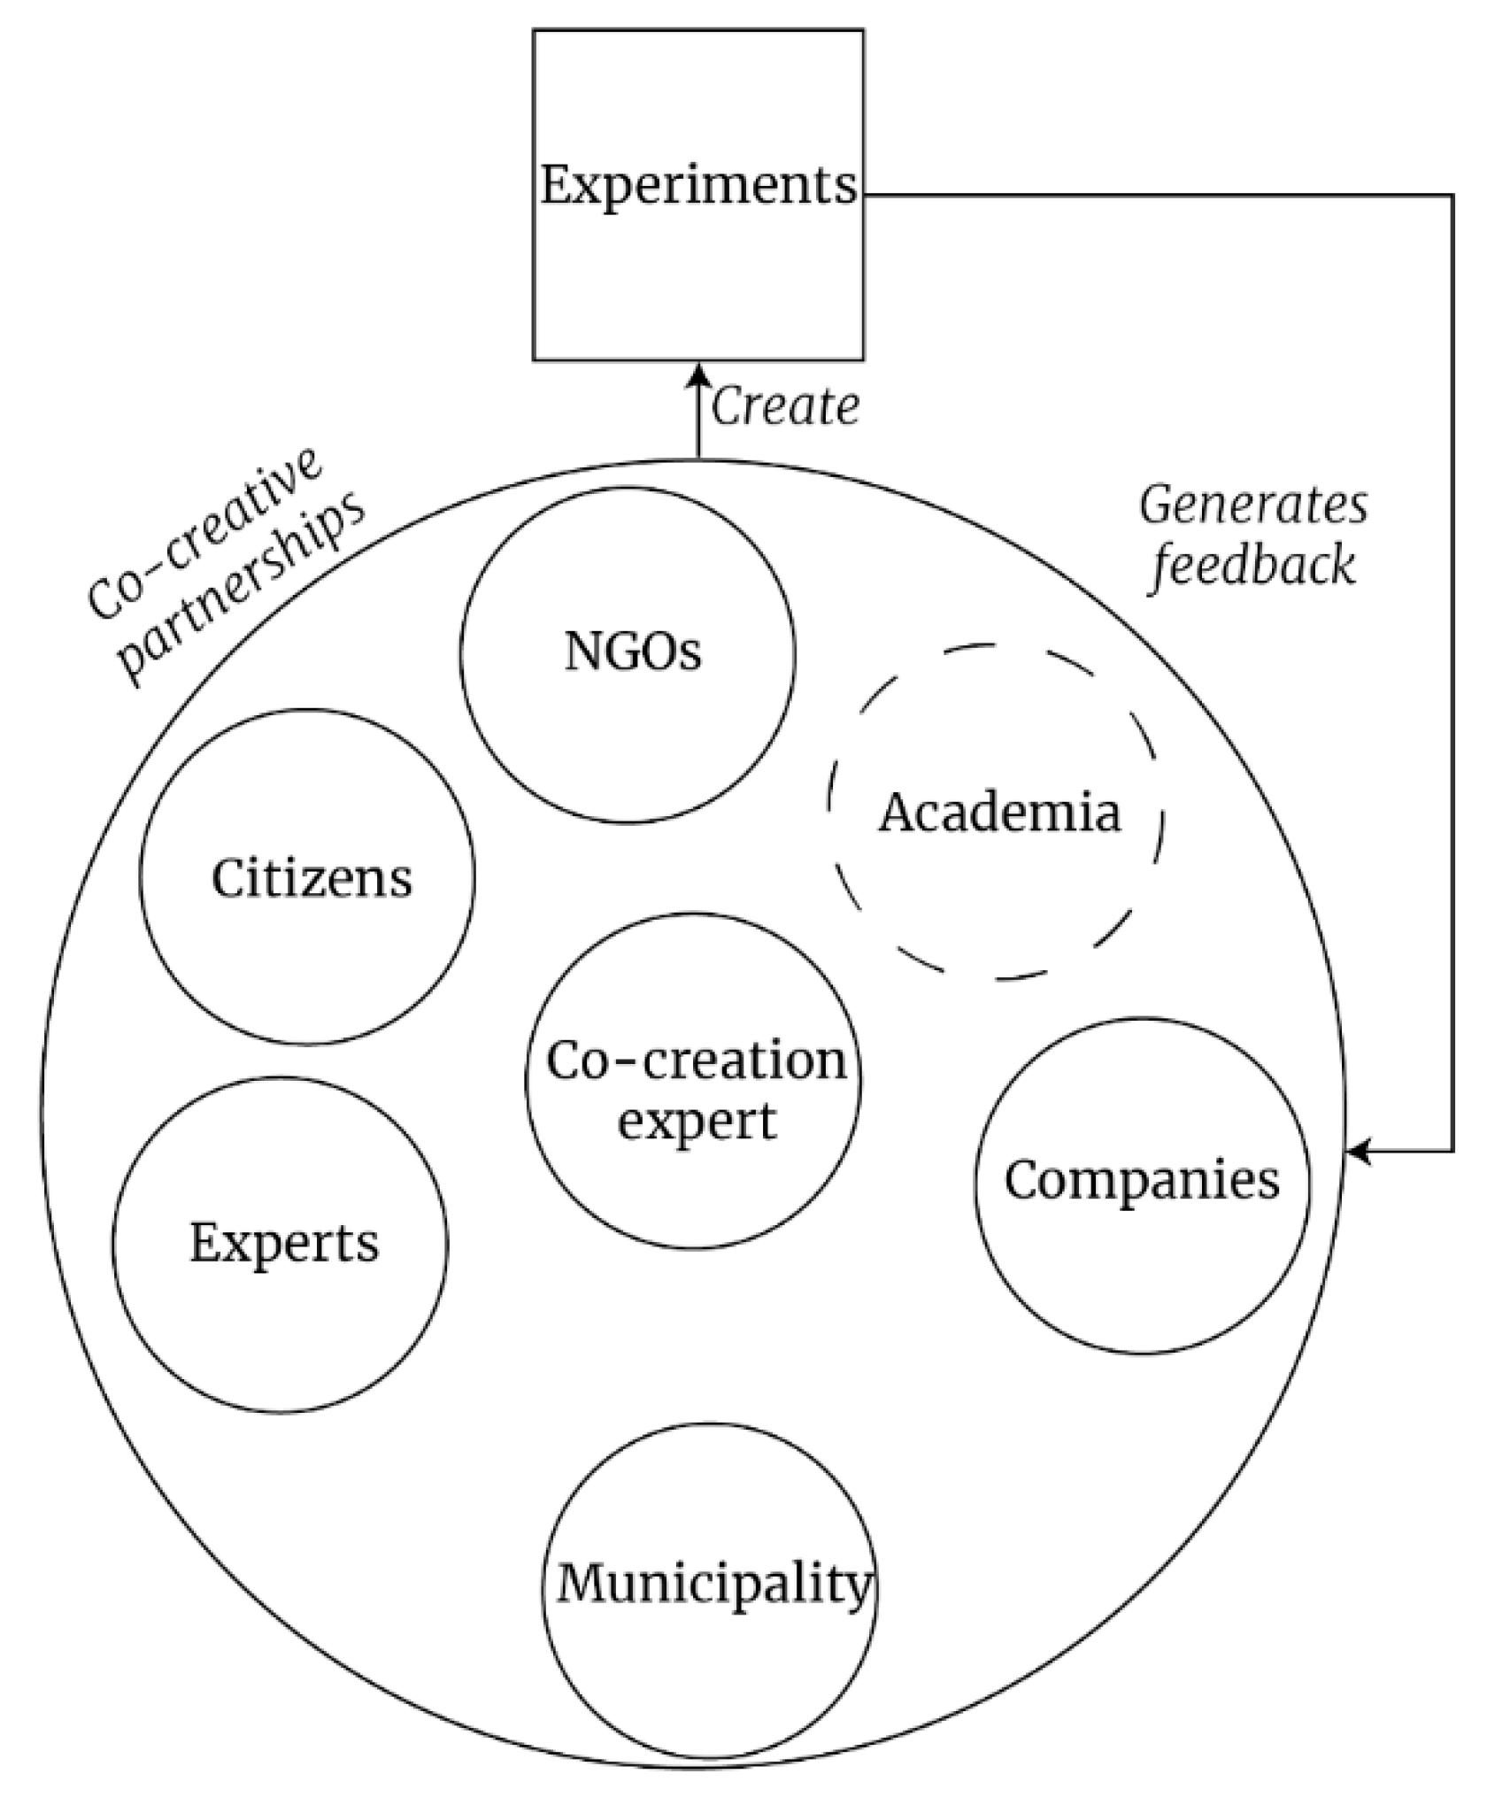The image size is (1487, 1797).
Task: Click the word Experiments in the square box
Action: pos(699,187)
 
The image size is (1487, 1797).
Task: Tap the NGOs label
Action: pos(633,653)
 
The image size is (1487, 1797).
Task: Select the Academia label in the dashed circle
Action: pos(999,812)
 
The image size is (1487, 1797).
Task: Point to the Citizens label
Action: pos(312,879)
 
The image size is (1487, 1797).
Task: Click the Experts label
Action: pos(284,1243)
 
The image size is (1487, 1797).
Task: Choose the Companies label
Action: pos(1142,1180)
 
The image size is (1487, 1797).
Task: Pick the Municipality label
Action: pos(714,1584)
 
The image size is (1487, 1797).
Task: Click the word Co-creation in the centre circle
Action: pos(697,1060)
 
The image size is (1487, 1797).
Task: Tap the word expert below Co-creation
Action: pos(697,1121)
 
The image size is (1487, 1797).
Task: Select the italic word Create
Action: pos(785,408)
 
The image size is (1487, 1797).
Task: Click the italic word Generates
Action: pos(1253,506)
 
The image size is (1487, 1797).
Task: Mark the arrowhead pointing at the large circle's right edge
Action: pos(1356,1152)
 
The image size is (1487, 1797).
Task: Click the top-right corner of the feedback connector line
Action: pos(1453,196)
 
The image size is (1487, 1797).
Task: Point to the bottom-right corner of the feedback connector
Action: pos(1453,1152)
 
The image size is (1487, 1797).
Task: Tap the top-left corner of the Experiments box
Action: pos(534,31)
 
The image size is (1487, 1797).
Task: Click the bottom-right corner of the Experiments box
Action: pos(863,359)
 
